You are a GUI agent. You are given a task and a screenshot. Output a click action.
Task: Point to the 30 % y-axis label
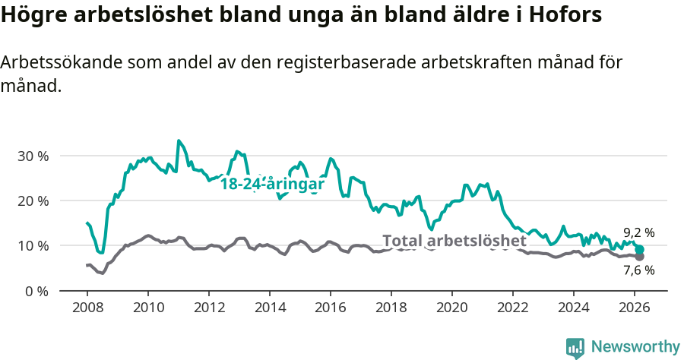[33, 156]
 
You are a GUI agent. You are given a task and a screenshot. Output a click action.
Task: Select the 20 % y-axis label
[33, 201]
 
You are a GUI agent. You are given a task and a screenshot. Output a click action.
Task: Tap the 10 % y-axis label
[33, 245]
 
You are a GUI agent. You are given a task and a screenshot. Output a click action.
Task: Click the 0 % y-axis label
[36, 290]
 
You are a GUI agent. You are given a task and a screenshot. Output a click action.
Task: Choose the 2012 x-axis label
[209, 307]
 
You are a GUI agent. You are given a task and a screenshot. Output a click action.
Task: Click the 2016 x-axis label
[331, 307]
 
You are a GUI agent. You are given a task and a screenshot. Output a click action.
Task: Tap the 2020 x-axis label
[452, 307]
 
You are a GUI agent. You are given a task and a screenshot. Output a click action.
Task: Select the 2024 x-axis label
[574, 307]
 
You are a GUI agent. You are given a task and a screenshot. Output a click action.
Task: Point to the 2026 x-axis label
[635, 307]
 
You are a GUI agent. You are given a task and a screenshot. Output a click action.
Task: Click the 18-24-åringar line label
[272, 184]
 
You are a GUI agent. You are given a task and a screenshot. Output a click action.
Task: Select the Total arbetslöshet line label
[454, 241]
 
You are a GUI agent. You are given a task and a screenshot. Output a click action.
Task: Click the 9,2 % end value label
[638, 232]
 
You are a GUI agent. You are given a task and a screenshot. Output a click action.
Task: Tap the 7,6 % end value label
[638, 270]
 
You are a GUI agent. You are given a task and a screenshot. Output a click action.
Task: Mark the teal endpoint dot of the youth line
[640, 250]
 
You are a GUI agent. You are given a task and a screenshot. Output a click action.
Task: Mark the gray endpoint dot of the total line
[640, 257]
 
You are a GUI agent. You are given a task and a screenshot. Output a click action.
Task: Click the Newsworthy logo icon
[575, 347]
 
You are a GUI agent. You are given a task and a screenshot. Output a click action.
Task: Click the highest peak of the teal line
[179, 141]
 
